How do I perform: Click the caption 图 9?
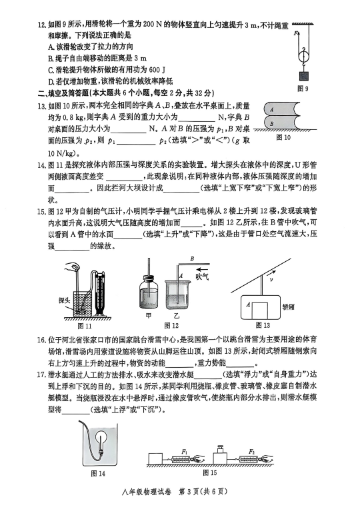tap(303, 89)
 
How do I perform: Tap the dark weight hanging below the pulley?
tap(304, 76)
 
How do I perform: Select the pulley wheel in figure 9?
tap(304, 56)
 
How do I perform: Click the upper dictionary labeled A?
tap(282, 109)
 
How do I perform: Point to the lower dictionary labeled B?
tap(282, 123)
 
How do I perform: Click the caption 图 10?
tap(283, 138)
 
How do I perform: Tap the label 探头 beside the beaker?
tap(64, 300)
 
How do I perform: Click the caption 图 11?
tap(85, 326)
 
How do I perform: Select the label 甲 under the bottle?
tap(149, 316)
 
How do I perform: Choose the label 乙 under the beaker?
tap(177, 316)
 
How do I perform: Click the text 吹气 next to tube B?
tap(202, 276)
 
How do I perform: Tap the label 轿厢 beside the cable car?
tap(288, 306)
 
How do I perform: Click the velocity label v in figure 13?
tap(271, 280)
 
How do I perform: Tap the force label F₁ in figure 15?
tap(184, 452)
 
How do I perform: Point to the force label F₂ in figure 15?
tap(252, 452)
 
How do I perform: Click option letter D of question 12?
tap(51, 81)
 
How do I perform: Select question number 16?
tap(41, 340)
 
